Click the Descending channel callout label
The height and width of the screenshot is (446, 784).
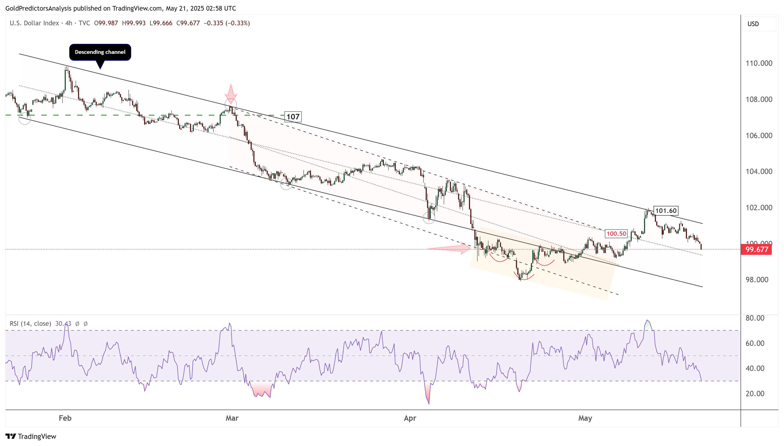point(100,52)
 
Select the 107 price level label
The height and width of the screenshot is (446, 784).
point(293,117)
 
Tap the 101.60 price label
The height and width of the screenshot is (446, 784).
point(665,211)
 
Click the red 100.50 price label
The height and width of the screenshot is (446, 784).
point(616,234)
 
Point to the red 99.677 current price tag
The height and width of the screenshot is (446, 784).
point(756,249)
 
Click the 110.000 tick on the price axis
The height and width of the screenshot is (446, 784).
point(759,63)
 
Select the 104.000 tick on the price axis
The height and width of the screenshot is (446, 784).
point(759,172)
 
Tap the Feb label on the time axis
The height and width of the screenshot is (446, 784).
point(65,418)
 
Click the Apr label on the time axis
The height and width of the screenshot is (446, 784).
point(410,418)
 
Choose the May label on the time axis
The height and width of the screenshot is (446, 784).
point(585,418)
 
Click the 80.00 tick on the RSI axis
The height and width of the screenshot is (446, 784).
point(755,318)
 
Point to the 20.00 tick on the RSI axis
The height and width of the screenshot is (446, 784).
point(755,394)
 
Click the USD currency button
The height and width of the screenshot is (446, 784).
point(753,24)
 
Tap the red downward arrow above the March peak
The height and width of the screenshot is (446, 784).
point(231,93)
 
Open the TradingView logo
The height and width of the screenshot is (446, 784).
point(31,436)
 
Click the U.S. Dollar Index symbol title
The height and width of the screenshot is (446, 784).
point(34,23)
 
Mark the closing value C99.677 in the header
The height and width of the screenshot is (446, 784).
point(188,23)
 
